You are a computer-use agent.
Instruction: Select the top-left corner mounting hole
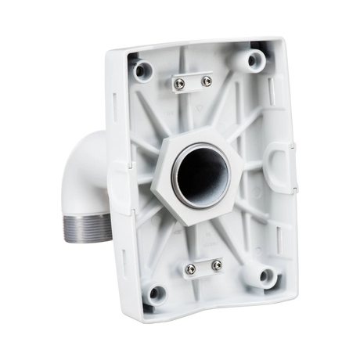[x=142, y=70]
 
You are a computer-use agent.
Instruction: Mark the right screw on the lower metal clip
[x=210, y=265]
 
